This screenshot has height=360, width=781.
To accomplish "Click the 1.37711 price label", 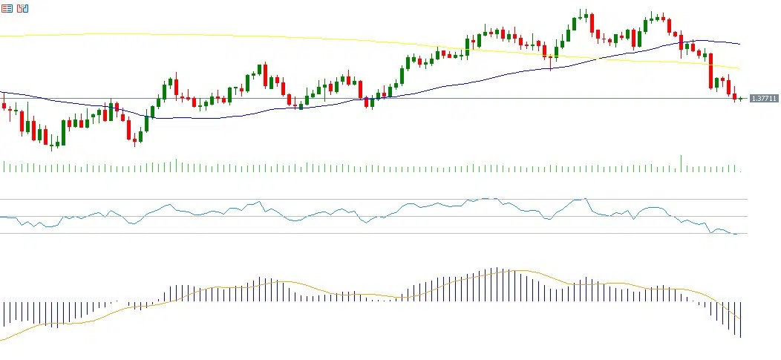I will (764, 98).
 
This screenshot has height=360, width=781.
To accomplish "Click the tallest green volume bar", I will (681, 163).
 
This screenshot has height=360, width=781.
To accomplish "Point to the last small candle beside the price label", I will (740, 98).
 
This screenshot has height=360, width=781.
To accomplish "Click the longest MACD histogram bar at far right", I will (740, 319).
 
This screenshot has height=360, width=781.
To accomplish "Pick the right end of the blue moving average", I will (739, 44).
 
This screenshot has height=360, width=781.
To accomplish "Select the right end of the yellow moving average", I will (739, 68).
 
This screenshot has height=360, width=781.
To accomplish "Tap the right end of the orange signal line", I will (740, 319).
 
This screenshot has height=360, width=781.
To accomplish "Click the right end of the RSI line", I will (737, 234).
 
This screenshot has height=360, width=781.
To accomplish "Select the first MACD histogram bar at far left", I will (4, 313).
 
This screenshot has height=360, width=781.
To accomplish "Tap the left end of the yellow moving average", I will (1, 35).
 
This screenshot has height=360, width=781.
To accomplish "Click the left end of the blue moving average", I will (1, 92).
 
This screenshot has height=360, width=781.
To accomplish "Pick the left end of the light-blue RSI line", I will (1, 217).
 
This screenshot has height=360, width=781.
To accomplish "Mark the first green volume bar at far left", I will (4, 166).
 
